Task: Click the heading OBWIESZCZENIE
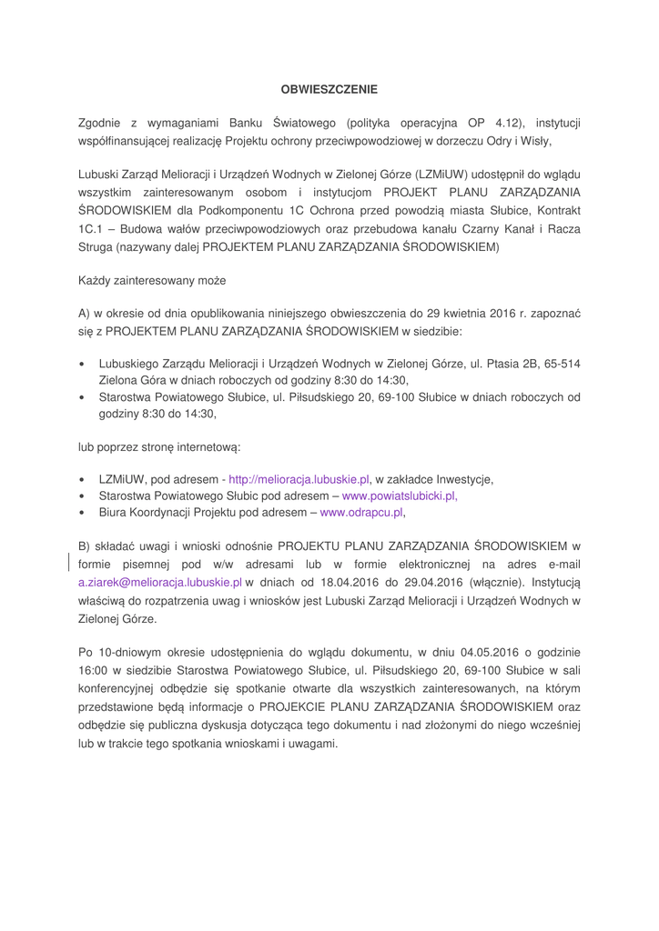point(329,89)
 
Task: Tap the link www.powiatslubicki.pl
point(399,496)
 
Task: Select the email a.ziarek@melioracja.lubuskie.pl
point(160,582)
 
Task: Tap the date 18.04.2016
point(335,582)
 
